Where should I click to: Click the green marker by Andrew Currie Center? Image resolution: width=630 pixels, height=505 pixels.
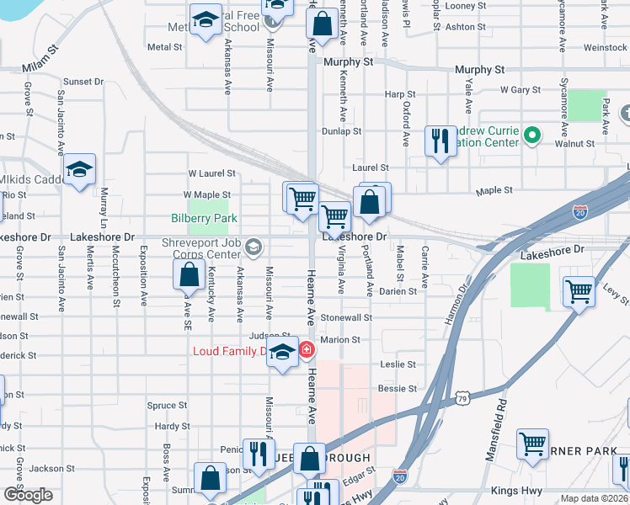pyautogui.click(x=531, y=135)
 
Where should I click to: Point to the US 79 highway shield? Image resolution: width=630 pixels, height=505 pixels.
pyautogui.click(x=462, y=398)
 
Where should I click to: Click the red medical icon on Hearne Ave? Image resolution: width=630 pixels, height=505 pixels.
pyautogui.click(x=307, y=348)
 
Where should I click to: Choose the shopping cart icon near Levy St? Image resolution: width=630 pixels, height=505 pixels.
pyautogui.click(x=579, y=292)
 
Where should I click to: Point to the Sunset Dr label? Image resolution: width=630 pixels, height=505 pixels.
pyautogui.click(x=83, y=82)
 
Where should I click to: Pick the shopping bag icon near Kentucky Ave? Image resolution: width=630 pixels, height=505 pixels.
pyautogui.click(x=189, y=274)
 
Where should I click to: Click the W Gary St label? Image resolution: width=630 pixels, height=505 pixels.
pyautogui.click(x=520, y=89)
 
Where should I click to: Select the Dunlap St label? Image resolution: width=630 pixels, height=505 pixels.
pyautogui.click(x=342, y=131)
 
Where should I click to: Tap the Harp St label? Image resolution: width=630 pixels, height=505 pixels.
pyautogui.click(x=400, y=94)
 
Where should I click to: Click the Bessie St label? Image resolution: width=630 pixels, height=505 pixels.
pyautogui.click(x=398, y=389)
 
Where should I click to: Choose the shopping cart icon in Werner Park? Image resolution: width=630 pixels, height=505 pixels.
pyautogui.click(x=533, y=444)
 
